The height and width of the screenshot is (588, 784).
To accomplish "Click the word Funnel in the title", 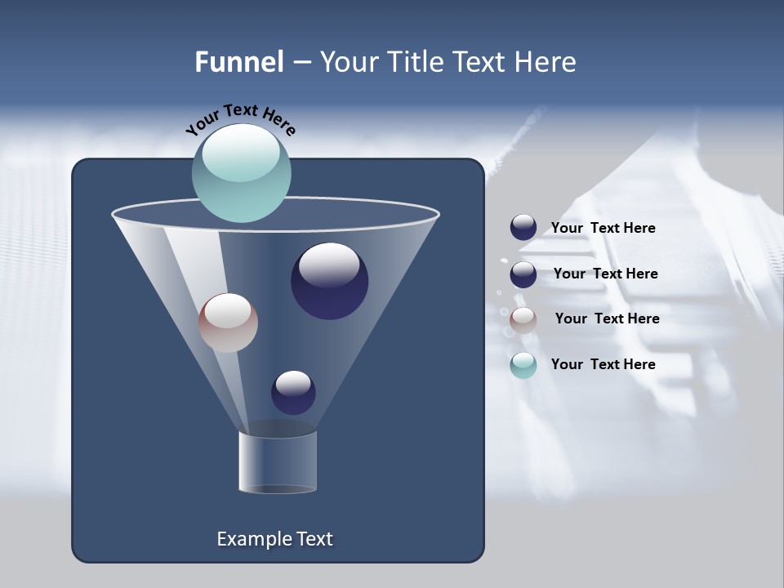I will (x=239, y=62).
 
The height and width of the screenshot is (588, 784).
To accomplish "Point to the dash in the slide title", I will (x=301, y=63).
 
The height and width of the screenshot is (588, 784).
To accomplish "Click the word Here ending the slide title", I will (x=547, y=62).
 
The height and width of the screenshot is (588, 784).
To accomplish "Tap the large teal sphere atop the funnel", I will (x=242, y=172).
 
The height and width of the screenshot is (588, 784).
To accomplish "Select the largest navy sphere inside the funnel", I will (x=329, y=281).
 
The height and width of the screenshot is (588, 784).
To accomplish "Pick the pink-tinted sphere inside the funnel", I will (x=228, y=323).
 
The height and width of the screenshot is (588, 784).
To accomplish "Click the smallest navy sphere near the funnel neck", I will (x=293, y=392).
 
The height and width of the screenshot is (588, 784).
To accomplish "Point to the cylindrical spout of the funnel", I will (x=278, y=461).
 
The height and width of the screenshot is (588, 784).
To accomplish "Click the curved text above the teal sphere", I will (x=241, y=119).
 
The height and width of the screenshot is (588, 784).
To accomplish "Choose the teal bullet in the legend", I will (x=523, y=365).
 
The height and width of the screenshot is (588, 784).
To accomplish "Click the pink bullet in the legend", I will (x=523, y=320).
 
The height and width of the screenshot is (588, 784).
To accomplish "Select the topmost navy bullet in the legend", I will (x=523, y=228).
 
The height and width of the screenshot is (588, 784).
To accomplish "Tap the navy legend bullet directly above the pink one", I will (x=523, y=274).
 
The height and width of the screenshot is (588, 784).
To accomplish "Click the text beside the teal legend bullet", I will (x=604, y=364).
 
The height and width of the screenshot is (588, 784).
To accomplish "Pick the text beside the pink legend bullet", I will (x=608, y=318).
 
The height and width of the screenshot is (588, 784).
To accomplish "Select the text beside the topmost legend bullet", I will (x=604, y=228).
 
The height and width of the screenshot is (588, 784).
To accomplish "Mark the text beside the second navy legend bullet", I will (x=606, y=274).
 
